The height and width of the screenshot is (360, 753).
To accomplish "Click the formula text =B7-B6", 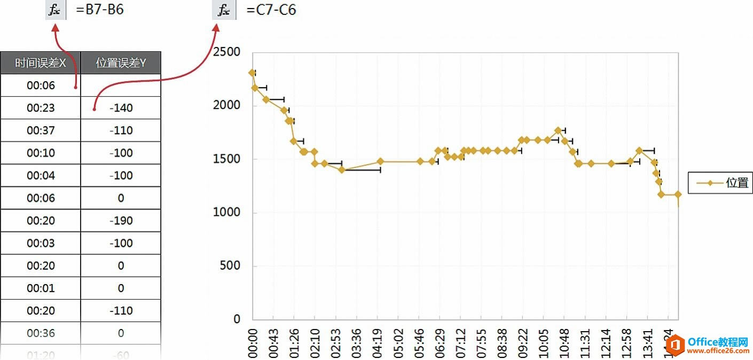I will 100,10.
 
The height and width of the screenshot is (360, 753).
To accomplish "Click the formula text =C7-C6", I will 271,10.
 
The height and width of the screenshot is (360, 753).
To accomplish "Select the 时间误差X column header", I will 41,63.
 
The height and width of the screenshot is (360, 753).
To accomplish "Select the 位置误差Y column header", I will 121,63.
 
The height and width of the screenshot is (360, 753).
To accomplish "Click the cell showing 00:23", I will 41,108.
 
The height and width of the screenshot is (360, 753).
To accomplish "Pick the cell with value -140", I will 121,108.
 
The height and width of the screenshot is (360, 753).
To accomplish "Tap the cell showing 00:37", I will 41,130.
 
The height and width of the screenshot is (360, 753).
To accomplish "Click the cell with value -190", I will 121,221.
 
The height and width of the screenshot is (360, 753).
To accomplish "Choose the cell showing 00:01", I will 41,288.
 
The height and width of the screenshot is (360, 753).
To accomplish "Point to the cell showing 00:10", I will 41,153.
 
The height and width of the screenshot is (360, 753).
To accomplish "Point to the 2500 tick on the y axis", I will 226,52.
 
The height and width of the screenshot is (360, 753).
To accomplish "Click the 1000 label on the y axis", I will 226,213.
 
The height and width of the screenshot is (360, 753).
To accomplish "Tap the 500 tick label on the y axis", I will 231,266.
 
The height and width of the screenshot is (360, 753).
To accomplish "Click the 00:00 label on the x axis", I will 253,342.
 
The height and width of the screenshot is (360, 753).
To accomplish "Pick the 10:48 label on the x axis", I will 564,342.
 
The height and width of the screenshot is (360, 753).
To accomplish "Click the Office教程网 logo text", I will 718,341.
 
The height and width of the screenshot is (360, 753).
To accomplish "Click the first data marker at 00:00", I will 252,73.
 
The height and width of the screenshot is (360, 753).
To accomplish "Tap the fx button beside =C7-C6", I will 224,10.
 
